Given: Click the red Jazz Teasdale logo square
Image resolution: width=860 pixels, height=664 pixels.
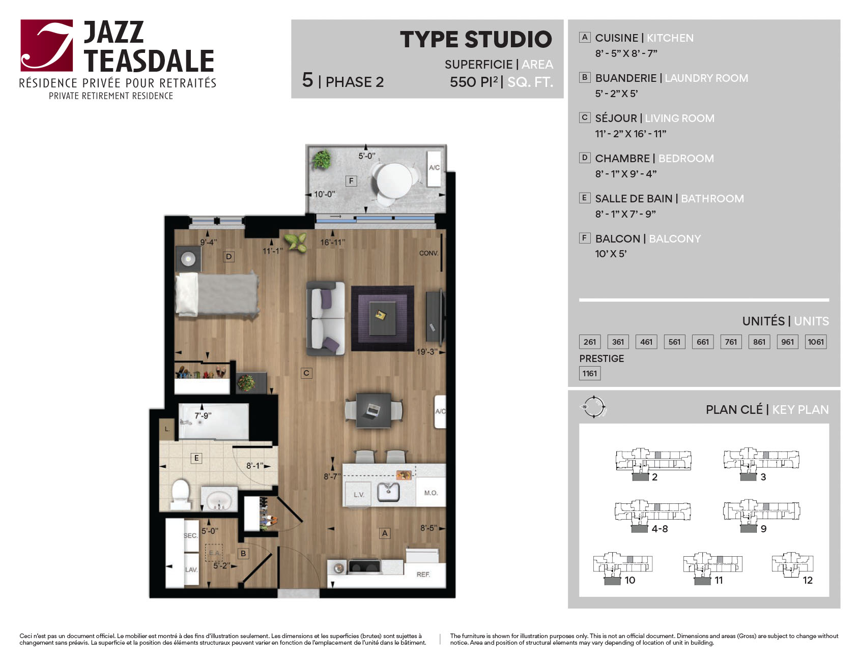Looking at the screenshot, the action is coord(46,45).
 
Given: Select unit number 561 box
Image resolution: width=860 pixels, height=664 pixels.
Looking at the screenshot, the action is coord(674,342).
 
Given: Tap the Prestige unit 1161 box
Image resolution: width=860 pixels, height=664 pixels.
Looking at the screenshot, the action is coord(590,373).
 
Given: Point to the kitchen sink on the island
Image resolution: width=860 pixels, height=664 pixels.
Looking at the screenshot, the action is coord(388,492).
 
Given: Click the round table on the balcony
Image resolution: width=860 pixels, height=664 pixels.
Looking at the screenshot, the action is coord(394,179).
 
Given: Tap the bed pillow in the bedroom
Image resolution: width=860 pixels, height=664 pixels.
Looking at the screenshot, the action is coord(187,294).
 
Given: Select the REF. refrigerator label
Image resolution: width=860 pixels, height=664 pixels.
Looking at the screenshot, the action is coord(423,575).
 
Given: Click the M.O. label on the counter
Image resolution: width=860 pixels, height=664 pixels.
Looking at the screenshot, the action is coord(431,493).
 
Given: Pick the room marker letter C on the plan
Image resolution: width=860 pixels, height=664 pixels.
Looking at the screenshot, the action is coord(306,373).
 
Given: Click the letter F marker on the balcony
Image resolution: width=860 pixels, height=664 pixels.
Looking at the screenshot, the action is coord(351,180).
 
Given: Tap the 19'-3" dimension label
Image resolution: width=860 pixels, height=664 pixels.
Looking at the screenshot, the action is coord(427,352).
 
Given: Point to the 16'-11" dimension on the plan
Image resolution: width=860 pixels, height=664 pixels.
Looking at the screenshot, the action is coord(332,243).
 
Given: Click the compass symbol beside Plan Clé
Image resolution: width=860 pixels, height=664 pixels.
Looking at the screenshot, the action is coord(594,407).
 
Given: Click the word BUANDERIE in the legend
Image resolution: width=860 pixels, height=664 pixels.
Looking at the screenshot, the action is coord(626,78).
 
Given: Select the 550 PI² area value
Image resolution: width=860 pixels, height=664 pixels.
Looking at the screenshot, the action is coord(474,82).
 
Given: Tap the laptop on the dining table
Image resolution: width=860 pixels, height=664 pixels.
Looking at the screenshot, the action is coord(373,409).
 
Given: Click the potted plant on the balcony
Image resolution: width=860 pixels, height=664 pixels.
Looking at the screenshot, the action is coord(322,159).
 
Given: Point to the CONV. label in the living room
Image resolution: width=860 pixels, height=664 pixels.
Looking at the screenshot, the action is coord(428,253).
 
